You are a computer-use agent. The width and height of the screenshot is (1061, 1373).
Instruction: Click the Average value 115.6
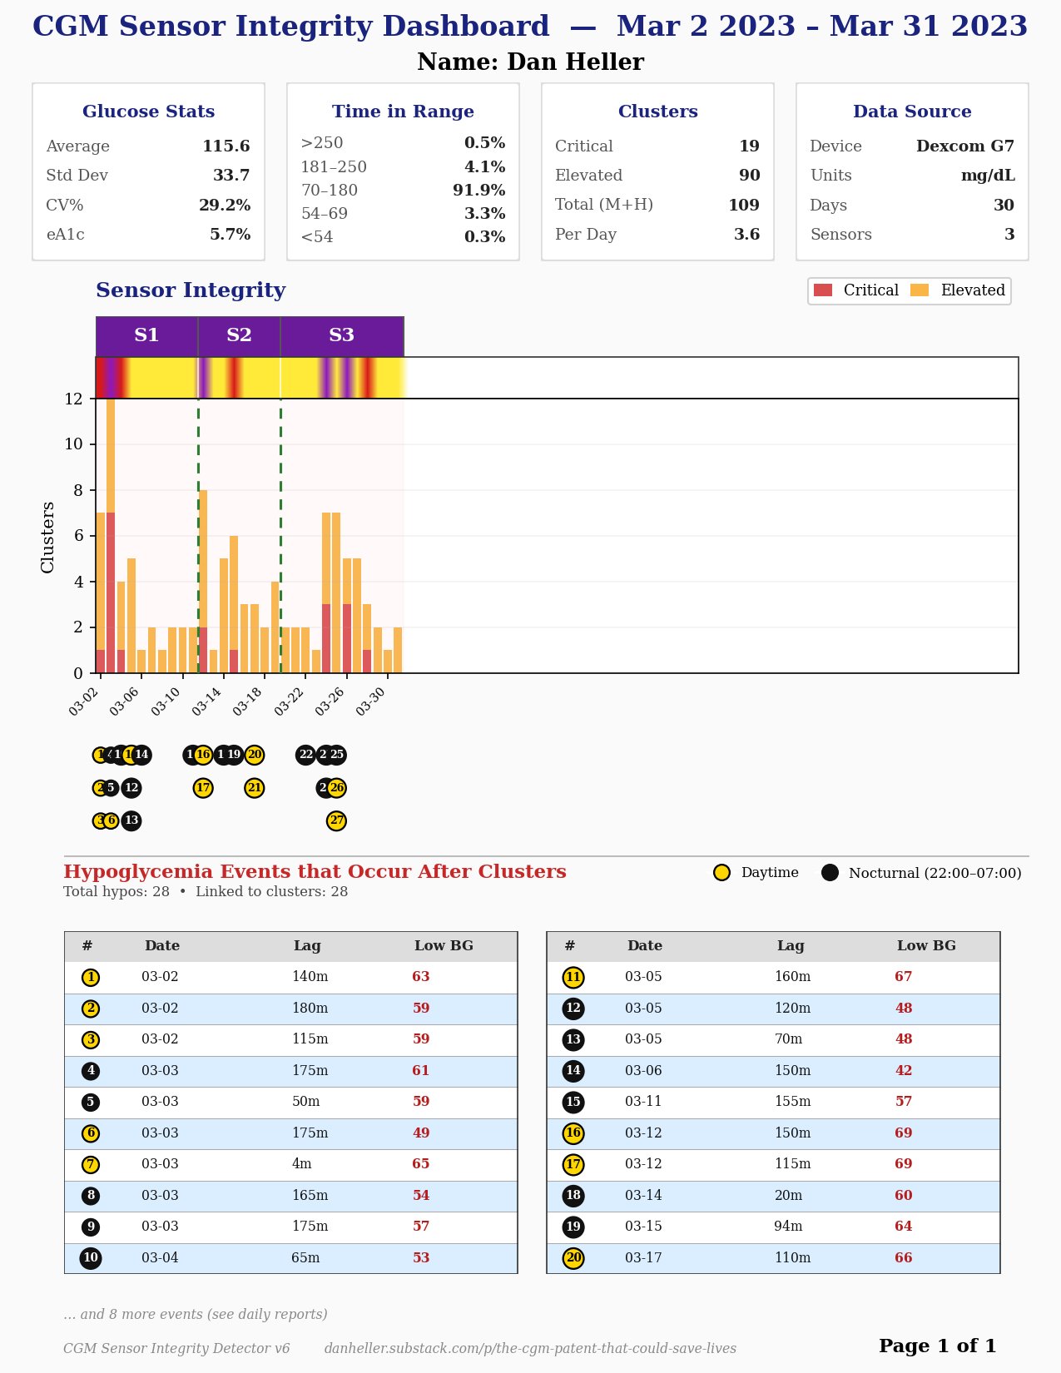[x=226, y=146]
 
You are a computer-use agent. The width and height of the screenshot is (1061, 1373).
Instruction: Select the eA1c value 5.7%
[x=230, y=235]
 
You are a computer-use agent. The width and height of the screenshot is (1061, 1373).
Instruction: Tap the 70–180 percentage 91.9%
[x=478, y=191]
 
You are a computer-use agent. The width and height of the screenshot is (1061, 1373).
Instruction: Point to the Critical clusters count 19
[x=749, y=146]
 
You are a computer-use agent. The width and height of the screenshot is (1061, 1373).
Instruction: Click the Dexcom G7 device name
[x=964, y=146]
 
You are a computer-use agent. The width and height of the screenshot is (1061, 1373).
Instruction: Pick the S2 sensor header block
[x=239, y=335]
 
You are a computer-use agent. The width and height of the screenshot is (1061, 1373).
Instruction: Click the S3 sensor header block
[x=341, y=335]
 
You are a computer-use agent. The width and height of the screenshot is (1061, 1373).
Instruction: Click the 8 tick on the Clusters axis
[x=78, y=490]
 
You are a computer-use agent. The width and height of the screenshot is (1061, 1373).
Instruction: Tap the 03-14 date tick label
[x=207, y=701]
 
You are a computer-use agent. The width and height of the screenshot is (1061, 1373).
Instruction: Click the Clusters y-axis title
[x=47, y=537]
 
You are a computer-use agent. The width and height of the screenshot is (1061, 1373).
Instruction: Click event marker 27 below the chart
[x=336, y=821]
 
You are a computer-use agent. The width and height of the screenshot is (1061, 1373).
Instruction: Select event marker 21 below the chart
[x=255, y=788]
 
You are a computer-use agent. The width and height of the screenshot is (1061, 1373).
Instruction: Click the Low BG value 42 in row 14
[x=903, y=1071]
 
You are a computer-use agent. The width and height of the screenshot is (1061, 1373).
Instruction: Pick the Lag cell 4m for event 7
[x=301, y=1164]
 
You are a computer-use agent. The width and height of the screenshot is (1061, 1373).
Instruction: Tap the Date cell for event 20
[x=643, y=1258]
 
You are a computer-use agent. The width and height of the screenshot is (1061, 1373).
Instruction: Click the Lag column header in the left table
[x=306, y=946]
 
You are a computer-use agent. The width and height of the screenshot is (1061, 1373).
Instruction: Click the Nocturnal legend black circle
[x=830, y=873]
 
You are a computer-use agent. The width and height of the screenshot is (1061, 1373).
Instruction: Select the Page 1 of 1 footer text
[x=937, y=1346]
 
